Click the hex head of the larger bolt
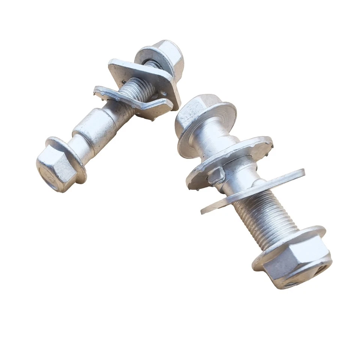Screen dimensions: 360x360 [195, 111]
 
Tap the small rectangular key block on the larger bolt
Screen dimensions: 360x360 [216, 175]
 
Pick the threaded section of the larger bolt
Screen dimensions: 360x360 [262, 217]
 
